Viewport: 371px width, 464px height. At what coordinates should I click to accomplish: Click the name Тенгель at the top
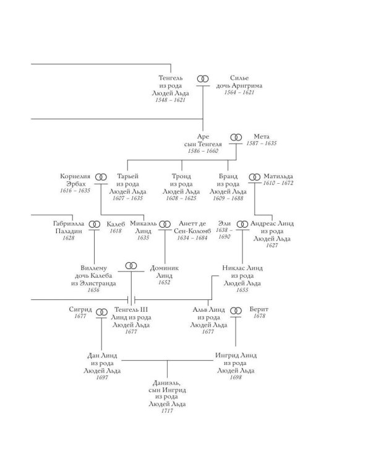click(171, 78)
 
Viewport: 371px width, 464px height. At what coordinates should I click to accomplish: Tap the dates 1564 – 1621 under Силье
click(239, 92)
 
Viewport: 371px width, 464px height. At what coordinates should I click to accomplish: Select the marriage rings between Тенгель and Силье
click(203, 79)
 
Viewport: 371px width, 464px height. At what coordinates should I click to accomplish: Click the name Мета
click(262, 137)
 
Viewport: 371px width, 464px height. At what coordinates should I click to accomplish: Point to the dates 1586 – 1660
click(203, 151)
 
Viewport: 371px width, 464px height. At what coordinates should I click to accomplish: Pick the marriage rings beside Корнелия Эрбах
click(101, 177)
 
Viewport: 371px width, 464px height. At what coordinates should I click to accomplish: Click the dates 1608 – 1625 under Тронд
click(181, 198)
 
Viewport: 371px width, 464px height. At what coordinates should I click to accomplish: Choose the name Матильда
click(278, 176)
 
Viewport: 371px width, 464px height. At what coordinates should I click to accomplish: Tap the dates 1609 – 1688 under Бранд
click(228, 198)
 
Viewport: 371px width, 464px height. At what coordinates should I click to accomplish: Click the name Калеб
click(116, 224)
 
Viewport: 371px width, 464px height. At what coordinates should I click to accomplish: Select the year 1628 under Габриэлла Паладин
click(69, 238)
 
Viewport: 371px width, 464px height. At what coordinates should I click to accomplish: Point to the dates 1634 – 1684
click(192, 238)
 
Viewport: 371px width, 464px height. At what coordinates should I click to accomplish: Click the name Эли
click(224, 223)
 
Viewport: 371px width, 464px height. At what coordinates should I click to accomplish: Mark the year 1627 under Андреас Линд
click(272, 246)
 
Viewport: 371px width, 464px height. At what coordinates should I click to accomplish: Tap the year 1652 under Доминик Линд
click(164, 282)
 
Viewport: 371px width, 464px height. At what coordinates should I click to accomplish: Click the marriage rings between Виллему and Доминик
click(131, 266)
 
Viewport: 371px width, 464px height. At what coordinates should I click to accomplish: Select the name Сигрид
click(80, 309)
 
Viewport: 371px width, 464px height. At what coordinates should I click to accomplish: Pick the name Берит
click(259, 309)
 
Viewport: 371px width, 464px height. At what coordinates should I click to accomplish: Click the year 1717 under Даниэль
click(167, 411)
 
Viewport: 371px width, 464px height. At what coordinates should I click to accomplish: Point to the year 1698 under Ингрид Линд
click(236, 377)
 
